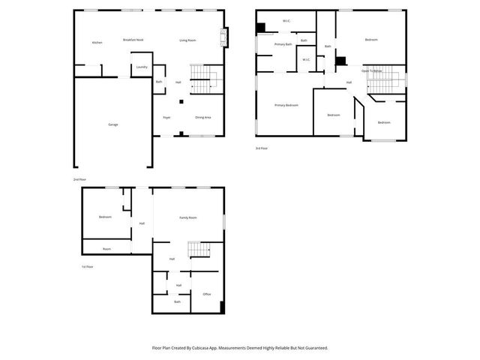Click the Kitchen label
[x=97, y=43]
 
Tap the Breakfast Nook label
[x=133, y=40]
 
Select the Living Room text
[x=187, y=40]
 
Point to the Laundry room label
[x=141, y=67]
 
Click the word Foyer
[x=166, y=118]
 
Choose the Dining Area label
[x=202, y=118]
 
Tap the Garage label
[x=112, y=124]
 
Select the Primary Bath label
[x=283, y=44]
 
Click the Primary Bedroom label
[x=286, y=105]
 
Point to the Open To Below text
[x=372, y=70]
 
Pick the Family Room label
[x=187, y=217]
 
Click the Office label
[x=207, y=294]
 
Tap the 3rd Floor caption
[x=262, y=148]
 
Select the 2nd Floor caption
[x=79, y=180]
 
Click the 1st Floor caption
[x=88, y=267]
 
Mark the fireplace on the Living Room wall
[x=223, y=37]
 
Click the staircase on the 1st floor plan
[x=196, y=249]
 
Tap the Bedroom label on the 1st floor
[x=104, y=217]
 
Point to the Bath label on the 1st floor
[x=178, y=301]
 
